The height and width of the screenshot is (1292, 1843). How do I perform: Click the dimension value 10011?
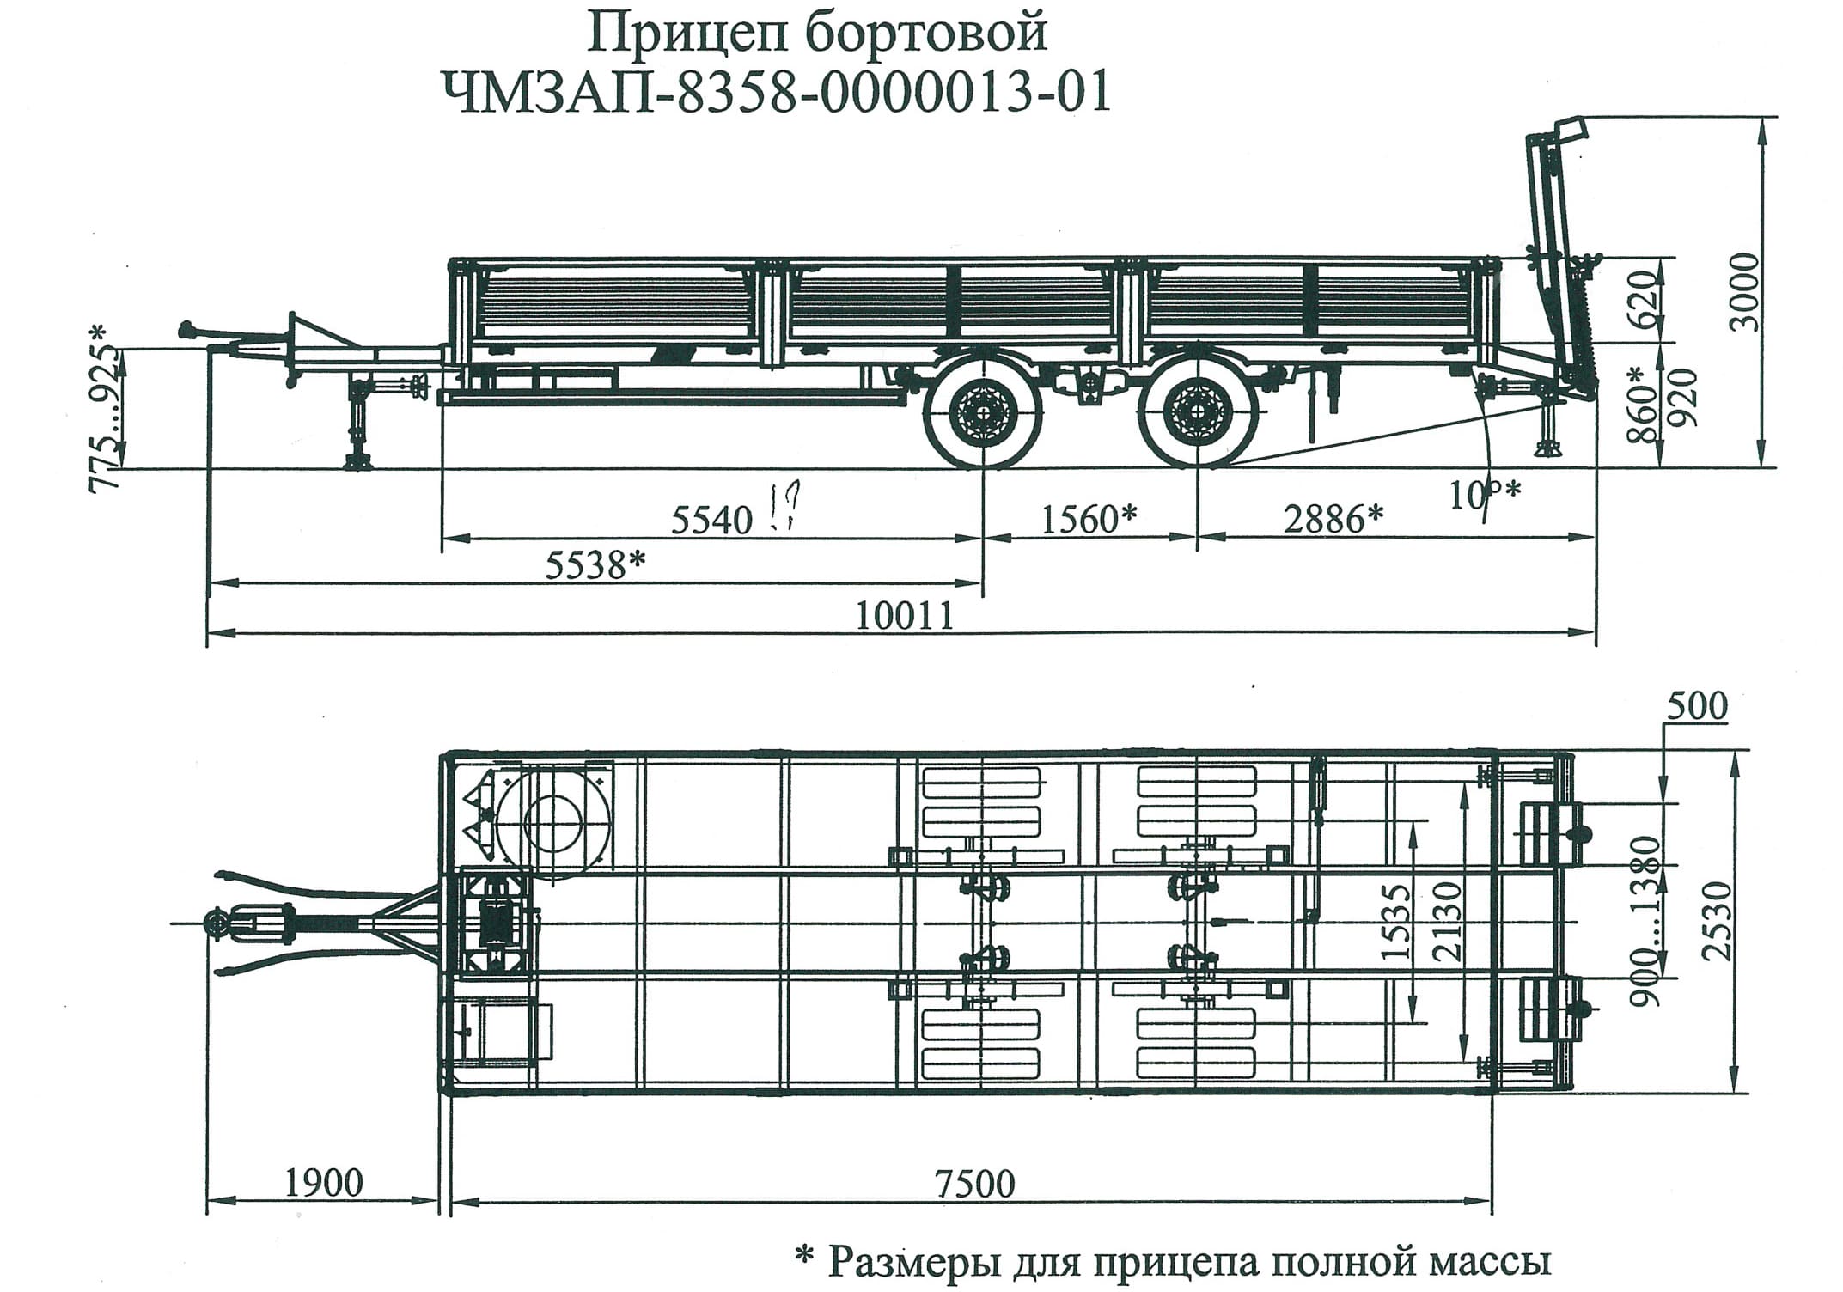[x=905, y=616]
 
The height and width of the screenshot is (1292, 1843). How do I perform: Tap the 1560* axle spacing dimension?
[x=1089, y=519]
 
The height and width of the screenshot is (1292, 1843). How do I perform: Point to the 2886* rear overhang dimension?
[x=1333, y=519]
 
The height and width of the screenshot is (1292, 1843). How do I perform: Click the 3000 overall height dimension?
[x=1744, y=292]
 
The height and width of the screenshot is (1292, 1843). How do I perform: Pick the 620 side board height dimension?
[x=1643, y=300]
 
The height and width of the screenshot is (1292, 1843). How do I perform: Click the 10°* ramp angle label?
[x=1485, y=494]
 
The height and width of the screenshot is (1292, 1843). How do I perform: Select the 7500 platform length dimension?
[x=974, y=1184]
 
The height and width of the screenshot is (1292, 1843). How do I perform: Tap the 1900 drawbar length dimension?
[x=323, y=1183]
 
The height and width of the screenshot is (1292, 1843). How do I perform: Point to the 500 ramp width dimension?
[x=1696, y=706]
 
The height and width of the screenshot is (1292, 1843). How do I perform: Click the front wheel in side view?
[x=980, y=413]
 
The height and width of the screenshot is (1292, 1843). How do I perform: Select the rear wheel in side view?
[x=1196, y=413]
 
